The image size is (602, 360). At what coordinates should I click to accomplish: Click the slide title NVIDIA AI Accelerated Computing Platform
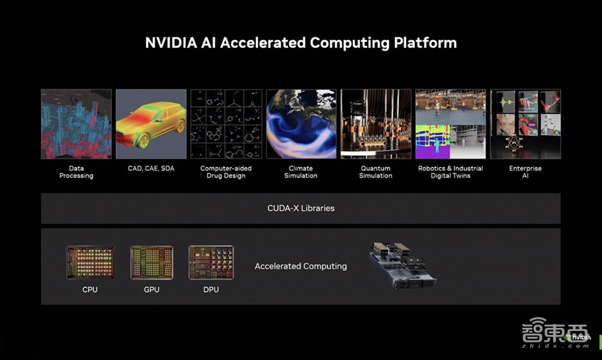click(301, 43)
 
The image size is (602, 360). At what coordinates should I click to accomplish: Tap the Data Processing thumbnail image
click(76, 124)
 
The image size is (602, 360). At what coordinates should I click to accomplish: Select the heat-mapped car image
click(151, 124)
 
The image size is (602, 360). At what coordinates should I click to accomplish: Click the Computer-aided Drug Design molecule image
click(226, 124)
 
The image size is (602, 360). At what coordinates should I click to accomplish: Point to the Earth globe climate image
click(301, 124)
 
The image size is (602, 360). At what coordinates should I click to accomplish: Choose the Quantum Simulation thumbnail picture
click(376, 124)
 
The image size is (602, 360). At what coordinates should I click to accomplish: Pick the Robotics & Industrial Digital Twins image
click(450, 124)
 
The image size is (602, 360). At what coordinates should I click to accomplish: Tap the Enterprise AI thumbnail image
click(525, 124)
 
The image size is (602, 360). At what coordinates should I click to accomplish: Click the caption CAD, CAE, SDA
click(151, 169)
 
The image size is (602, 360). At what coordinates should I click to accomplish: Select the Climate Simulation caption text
click(301, 172)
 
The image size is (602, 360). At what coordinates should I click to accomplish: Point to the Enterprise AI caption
click(525, 172)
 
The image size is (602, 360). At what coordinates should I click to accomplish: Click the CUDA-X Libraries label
click(301, 208)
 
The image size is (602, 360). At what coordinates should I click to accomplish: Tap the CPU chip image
click(90, 262)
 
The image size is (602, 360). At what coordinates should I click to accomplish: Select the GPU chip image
click(152, 262)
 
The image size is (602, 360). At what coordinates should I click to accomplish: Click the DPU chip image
click(211, 262)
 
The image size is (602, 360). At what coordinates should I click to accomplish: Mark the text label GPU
click(152, 290)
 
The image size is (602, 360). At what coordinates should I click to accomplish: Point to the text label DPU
click(211, 290)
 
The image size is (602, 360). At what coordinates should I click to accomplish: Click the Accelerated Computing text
click(301, 266)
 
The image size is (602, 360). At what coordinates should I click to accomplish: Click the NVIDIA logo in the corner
click(579, 337)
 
